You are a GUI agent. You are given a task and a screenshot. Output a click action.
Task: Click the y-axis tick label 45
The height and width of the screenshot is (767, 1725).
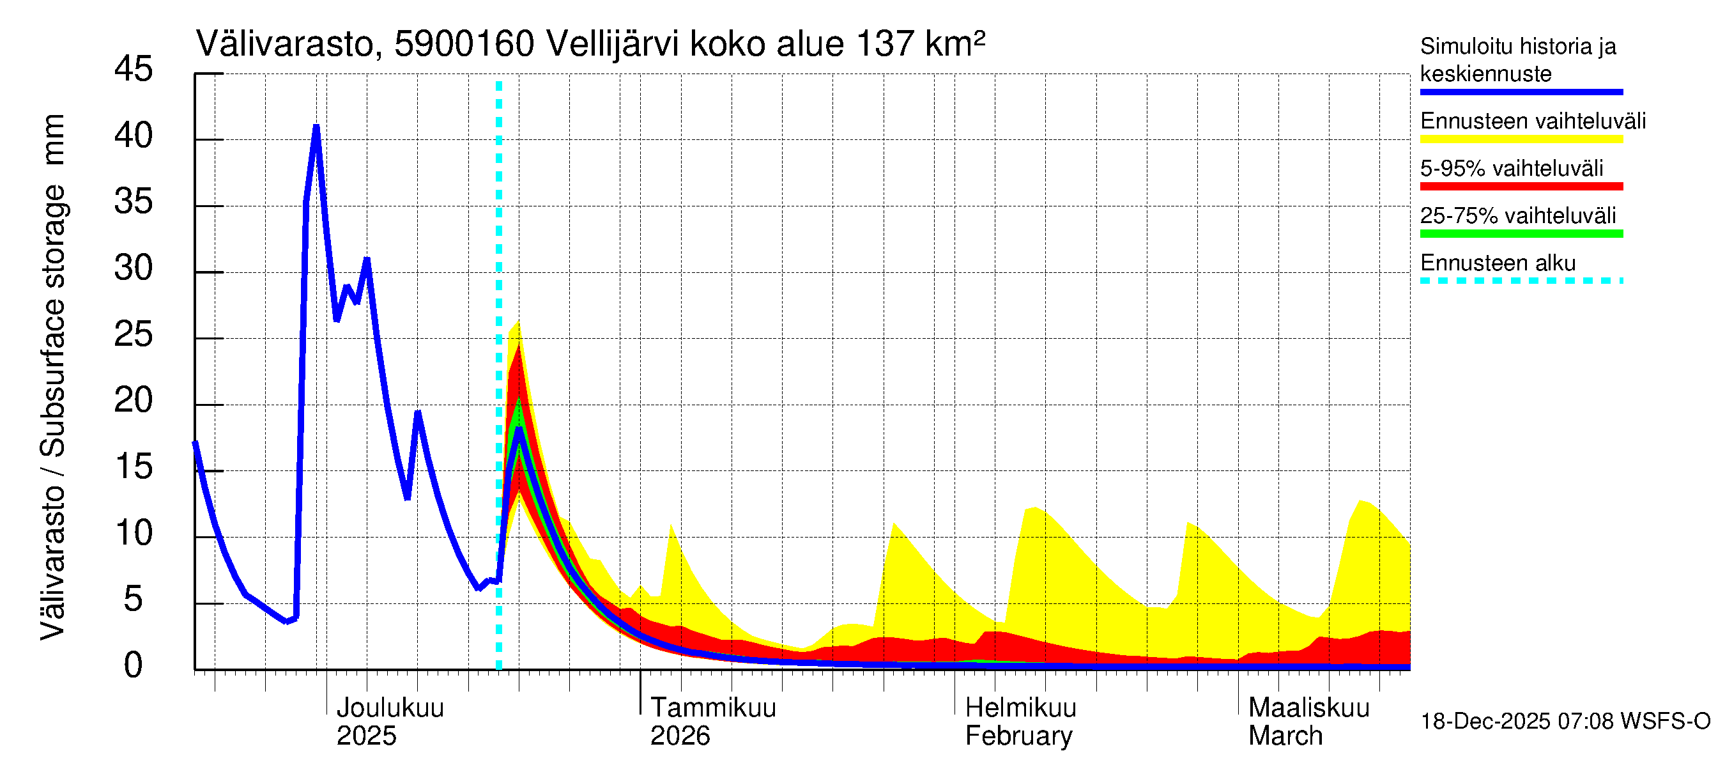click(134, 69)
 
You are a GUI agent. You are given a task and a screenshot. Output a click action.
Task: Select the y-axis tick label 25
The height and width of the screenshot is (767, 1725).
click(134, 334)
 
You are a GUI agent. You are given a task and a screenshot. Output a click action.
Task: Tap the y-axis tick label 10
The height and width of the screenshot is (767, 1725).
click(134, 533)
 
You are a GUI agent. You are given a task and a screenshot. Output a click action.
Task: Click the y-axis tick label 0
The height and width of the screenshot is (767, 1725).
click(134, 665)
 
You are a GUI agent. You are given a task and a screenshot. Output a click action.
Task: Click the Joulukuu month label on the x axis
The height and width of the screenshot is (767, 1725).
click(390, 708)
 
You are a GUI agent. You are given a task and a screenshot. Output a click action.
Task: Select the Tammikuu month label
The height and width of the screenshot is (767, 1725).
click(713, 708)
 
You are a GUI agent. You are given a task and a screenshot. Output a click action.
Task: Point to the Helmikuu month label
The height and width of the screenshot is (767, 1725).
click(1020, 708)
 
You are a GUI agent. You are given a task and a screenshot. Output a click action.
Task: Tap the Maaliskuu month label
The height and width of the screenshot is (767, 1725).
click(1309, 708)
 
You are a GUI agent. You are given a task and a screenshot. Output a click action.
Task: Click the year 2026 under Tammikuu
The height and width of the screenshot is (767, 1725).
click(680, 736)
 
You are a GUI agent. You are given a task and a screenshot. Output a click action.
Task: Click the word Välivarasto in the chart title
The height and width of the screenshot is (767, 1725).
click(284, 44)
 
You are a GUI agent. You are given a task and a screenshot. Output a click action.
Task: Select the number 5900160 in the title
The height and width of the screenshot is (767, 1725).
click(464, 44)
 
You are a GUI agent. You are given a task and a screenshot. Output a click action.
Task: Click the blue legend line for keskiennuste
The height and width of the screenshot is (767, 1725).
click(1521, 92)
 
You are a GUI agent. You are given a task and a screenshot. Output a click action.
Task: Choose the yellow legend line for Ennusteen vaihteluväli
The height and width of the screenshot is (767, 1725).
click(1521, 139)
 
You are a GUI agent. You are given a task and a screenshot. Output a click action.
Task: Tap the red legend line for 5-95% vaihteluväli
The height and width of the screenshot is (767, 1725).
click(1521, 186)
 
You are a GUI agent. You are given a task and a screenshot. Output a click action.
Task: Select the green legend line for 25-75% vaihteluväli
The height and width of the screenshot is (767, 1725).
click(1521, 234)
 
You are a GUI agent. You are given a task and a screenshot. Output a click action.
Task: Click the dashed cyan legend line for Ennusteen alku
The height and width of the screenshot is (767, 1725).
click(1521, 281)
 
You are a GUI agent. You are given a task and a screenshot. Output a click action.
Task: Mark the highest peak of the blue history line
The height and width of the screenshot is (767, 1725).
click(316, 127)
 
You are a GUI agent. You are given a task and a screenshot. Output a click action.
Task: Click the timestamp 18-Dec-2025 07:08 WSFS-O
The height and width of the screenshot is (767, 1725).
click(1565, 722)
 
